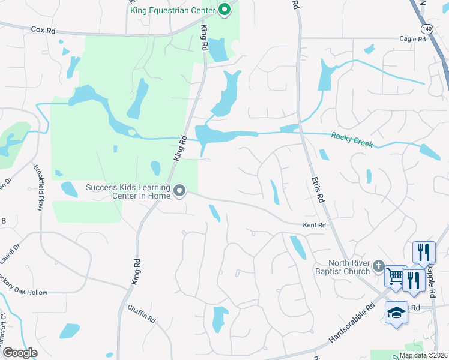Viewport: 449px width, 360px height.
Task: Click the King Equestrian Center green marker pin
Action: point(224,9)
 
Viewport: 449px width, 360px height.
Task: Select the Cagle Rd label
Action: point(412,39)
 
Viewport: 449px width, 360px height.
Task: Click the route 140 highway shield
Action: point(427,28)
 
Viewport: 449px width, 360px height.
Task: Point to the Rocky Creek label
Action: point(352,140)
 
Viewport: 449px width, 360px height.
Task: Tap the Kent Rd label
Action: point(314,225)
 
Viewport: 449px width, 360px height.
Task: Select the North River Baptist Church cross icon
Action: point(379,265)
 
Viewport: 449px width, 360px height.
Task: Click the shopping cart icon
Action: point(395,277)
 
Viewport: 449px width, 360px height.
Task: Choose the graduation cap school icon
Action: point(396,313)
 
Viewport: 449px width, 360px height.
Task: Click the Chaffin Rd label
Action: point(142,313)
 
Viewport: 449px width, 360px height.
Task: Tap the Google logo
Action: point(20,352)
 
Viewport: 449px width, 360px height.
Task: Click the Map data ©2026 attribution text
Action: point(423,355)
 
